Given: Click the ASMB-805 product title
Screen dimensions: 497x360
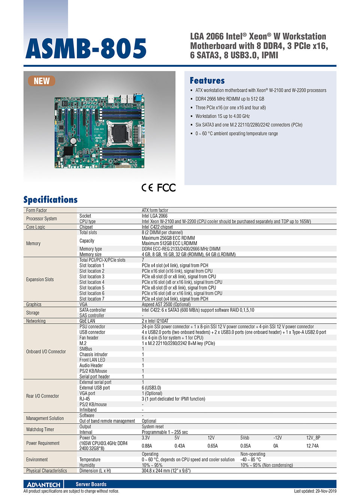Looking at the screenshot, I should [x=86, y=49].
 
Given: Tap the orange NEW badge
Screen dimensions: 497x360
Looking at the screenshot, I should [x=42, y=81].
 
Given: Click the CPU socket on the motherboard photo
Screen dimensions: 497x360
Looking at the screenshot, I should [x=120, y=134].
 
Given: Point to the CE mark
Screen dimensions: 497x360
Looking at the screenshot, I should [x=147, y=188].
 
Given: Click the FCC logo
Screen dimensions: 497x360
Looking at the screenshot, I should [x=166, y=188].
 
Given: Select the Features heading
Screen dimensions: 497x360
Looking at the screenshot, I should [x=207, y=81].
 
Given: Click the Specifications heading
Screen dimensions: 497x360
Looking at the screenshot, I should [x=51, y=200].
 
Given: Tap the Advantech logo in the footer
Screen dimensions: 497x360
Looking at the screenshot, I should [x=43, y=484].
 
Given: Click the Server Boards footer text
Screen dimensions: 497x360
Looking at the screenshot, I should [x=91, y=484].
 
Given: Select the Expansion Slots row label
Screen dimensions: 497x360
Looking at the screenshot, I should [x=40, y=279].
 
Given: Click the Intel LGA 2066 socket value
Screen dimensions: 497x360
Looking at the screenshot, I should [x=154, y=216].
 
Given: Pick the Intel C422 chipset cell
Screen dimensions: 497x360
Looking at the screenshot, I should [x=157, y=227].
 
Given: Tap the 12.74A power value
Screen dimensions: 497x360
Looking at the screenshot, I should [x=312, y=446].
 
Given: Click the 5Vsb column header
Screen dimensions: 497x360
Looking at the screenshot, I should [x=245, y=438].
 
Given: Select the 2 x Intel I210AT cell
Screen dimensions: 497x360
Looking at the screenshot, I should [x=155, y=321].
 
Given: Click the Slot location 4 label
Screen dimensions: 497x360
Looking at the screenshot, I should [x=92, y=282].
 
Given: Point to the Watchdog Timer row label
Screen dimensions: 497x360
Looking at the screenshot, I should [x=40, y=429].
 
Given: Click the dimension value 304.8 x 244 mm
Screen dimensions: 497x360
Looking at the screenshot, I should [x=166, y=471].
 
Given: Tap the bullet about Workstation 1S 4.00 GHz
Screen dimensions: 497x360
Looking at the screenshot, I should [x=222, y=116].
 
